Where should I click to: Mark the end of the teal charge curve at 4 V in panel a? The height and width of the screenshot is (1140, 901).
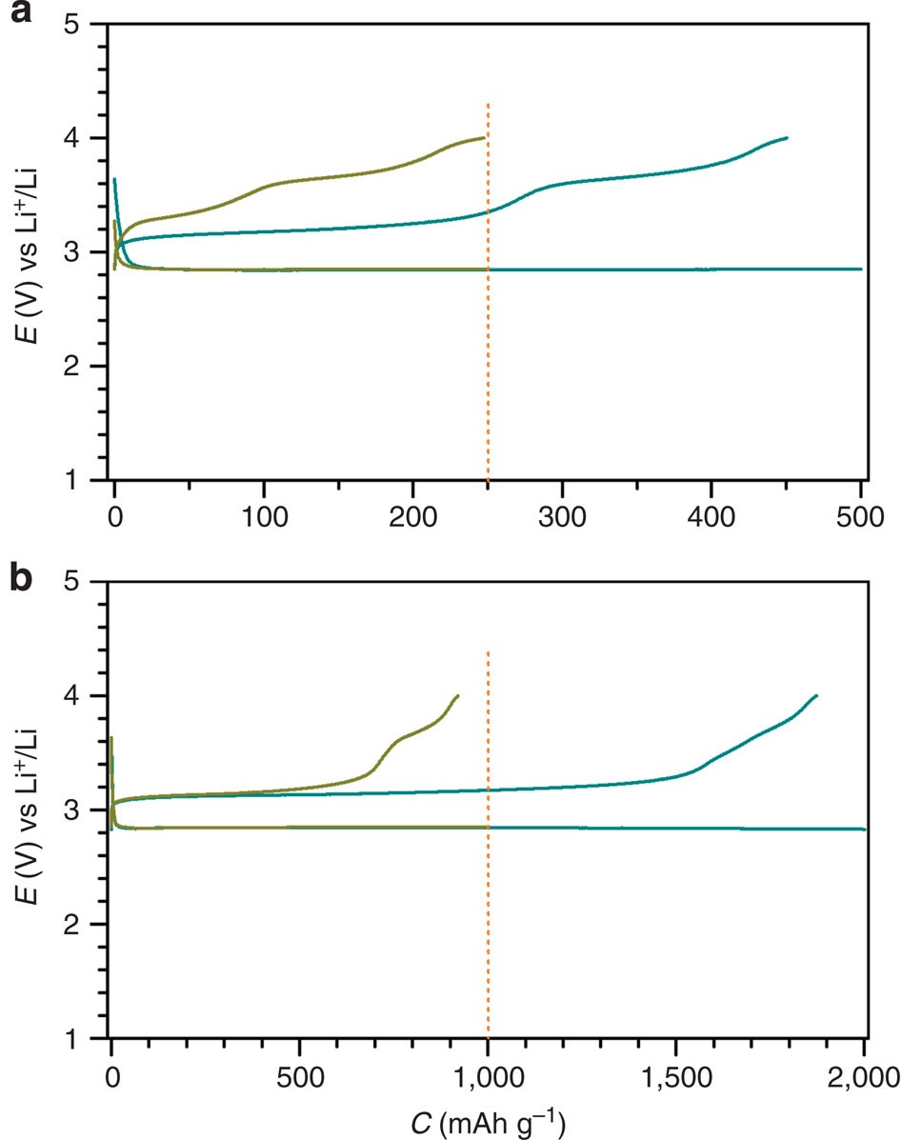click(787, 138)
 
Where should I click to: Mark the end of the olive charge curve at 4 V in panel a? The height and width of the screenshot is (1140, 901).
click(485, 137)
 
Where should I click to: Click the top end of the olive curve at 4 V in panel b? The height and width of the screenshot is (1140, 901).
click(458, 696)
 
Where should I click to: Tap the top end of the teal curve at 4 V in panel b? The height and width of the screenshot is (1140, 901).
click(817, 696)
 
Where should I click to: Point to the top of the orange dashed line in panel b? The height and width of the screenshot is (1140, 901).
click(488, 652)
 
